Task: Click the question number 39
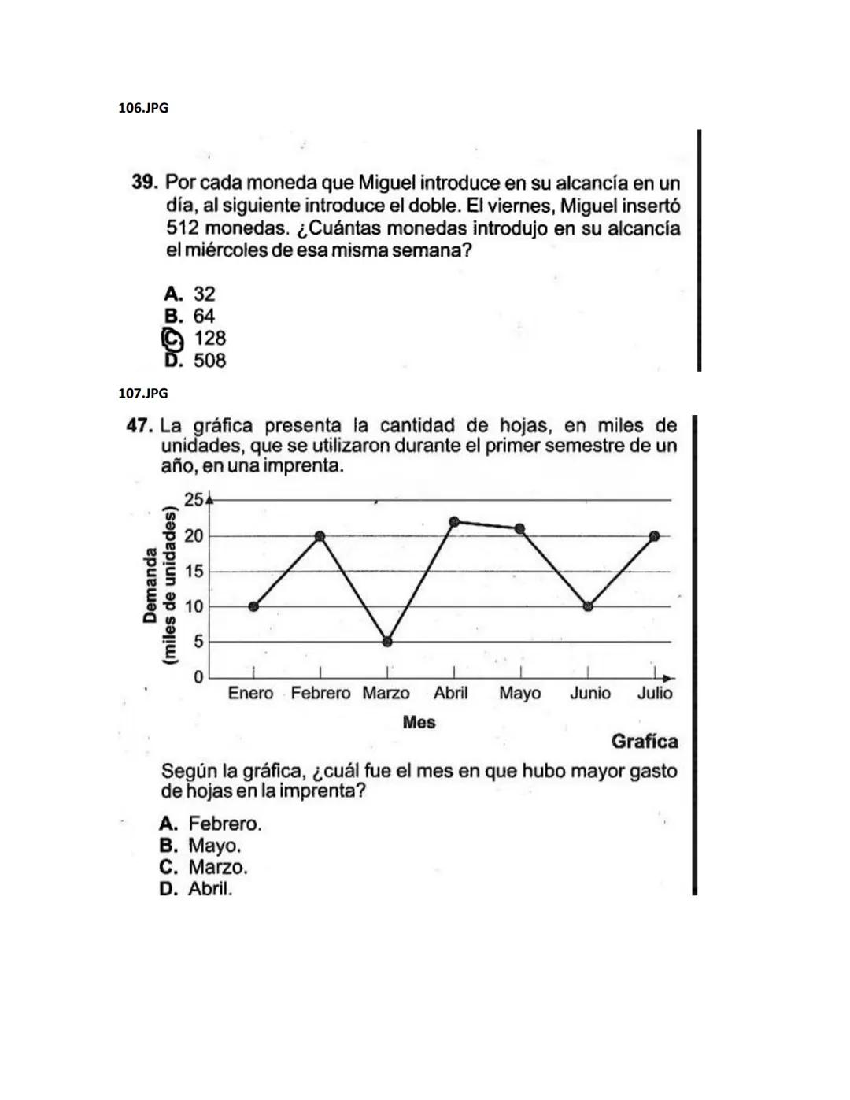point(145,183)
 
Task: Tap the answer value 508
point(209,361)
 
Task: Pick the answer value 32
point(204,294)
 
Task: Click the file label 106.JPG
point(143,108)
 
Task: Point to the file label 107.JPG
point(143,393)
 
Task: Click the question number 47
point(139,426)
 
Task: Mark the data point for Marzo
point(387,642)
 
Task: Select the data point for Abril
point(454,521)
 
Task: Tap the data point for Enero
point(253,606)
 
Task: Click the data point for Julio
point(655,535)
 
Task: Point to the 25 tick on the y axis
point(193,499)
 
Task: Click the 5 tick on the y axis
point(198,642)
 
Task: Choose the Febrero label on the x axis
point(320,694)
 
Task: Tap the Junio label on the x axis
point(589,694)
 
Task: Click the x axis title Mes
point(419,722)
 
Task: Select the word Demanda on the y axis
point(150,587)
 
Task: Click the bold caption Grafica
point(644,742)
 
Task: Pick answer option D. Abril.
point(196,889)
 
